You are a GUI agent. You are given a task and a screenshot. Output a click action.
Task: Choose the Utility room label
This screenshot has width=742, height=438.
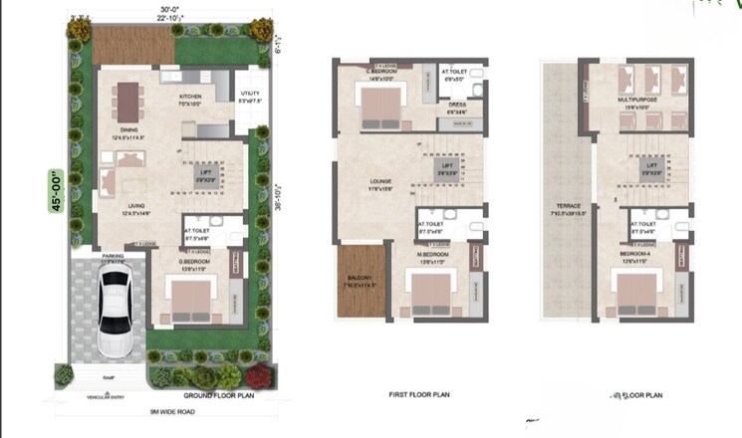coord(249,98)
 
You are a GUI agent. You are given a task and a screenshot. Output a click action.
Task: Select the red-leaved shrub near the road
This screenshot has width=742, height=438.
coord(262,375)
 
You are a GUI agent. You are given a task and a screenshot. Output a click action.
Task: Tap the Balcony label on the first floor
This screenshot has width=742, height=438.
coord(357,283)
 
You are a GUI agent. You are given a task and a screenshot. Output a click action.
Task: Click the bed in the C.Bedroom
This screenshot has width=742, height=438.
coord(381,106)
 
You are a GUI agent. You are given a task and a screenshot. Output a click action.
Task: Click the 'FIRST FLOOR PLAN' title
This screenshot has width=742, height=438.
coord(418,395)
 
